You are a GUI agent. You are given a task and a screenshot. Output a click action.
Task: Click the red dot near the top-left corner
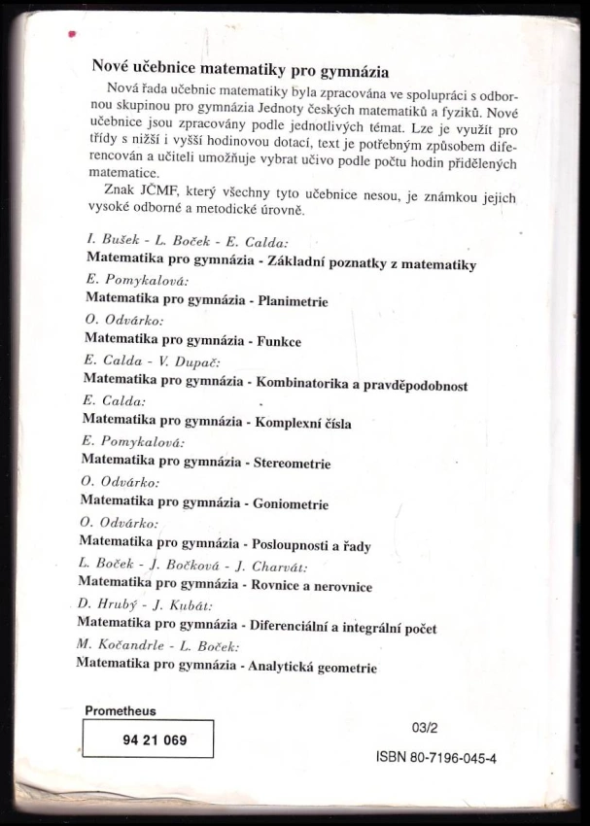[x=70, y=35]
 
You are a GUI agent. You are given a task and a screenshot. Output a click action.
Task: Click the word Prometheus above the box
[x=121, y=711]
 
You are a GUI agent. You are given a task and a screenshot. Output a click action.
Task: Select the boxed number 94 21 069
[x=148, y=740]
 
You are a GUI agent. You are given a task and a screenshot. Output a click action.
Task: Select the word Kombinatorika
[x=303, y=384]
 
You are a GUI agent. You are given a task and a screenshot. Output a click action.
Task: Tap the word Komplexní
[x=287, y=424]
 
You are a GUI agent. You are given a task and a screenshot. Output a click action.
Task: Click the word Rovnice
[x=275, y=586]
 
